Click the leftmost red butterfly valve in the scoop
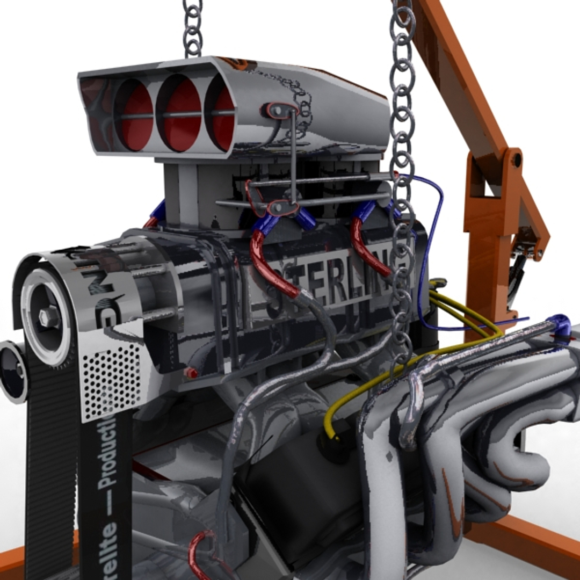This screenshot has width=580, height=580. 135,115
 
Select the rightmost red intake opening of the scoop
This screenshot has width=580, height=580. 223,118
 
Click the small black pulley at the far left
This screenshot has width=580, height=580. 12,371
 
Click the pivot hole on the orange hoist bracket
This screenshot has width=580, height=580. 516,160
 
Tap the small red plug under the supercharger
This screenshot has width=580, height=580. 191,373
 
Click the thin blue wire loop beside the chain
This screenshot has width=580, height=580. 432,242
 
